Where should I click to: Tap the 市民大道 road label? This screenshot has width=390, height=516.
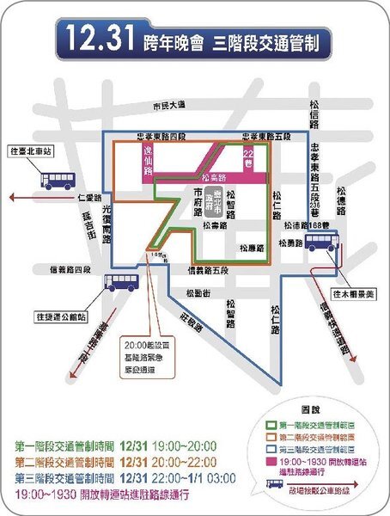pos(168,105)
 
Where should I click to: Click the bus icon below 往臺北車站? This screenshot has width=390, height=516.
pos(59,181)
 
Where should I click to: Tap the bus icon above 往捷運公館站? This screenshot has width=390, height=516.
pos(121,281)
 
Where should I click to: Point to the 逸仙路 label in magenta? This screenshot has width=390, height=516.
pos(147,161)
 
